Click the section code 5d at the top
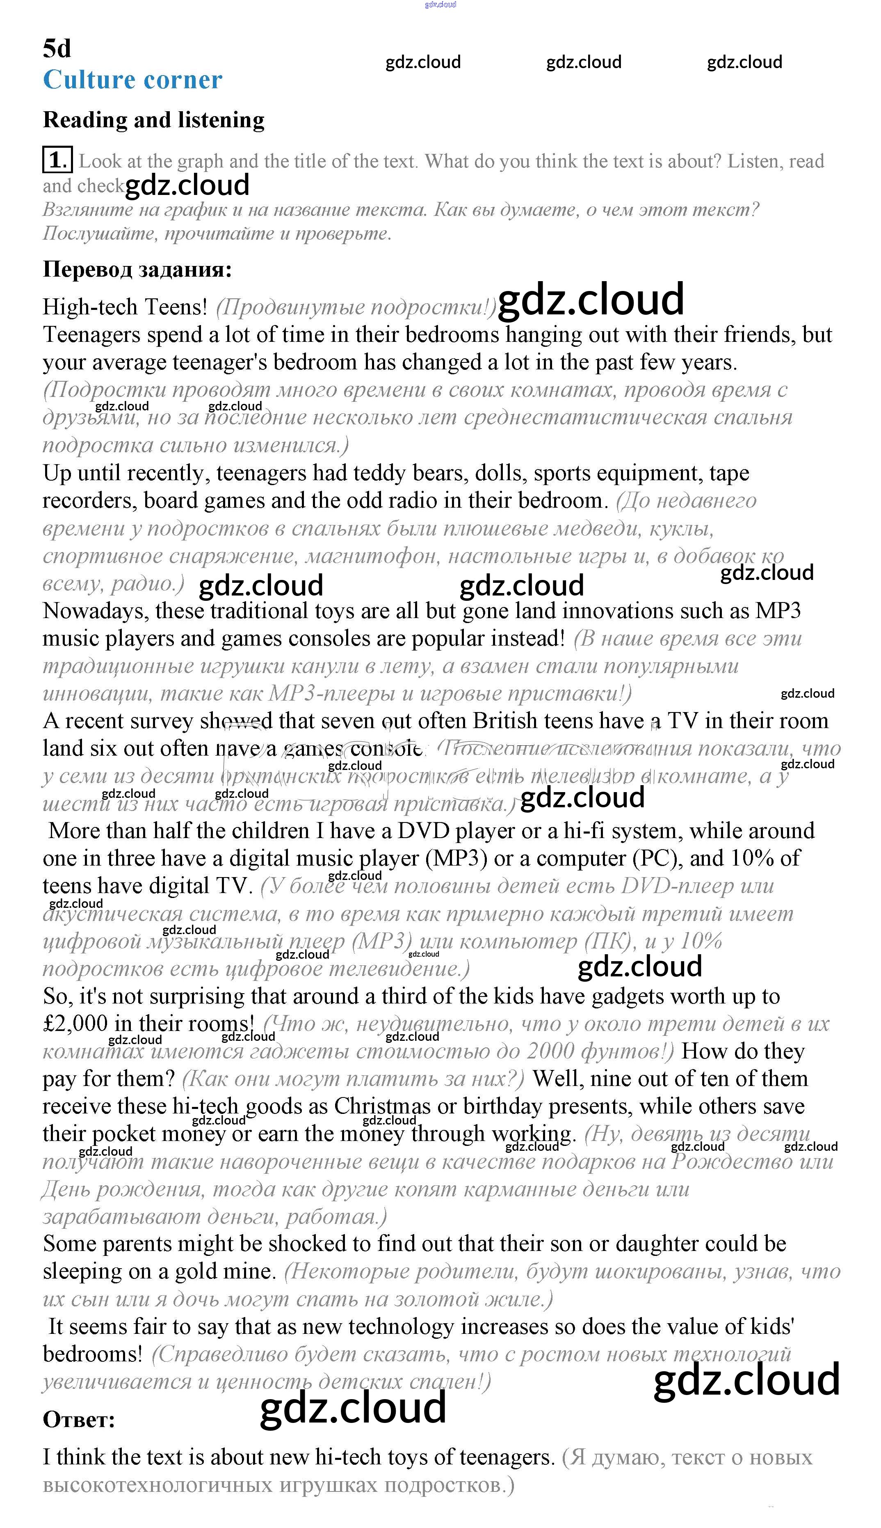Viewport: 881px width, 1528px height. pos(57,48)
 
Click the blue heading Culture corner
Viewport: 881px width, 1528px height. pos(132,80)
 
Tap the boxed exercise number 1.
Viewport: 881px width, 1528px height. pos(57,160)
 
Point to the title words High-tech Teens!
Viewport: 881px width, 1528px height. pos(125,307)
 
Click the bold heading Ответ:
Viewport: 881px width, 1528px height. pos(79,1420)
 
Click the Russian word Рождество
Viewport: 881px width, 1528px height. pos(753,1162)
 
